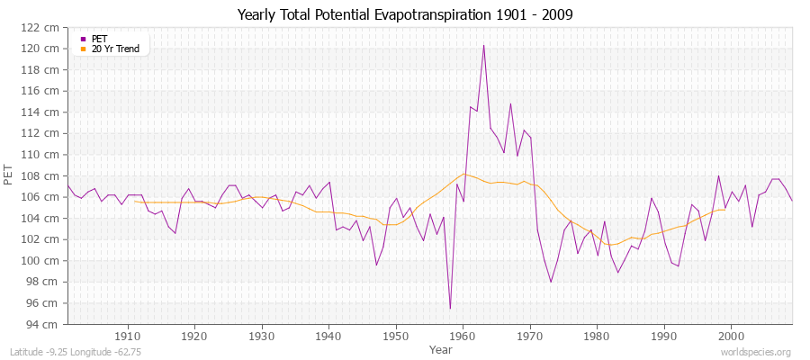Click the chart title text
click(x=404, y=15)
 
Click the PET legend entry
click(x=99, y=39)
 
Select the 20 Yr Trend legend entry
click(x=115, y=49)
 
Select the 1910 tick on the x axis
click(x=127, y=336)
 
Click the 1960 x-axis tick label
click(x=463, y=336)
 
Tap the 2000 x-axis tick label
click(x=731, y=336)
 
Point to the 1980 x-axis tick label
click(x=597, y=336)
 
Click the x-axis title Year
click(x=441, y=349)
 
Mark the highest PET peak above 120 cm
click(x=483, y=45)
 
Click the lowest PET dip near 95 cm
click(x=450, y=309)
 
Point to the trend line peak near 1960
click(x=463, y=174)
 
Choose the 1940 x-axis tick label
click(x=328, y=336)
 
